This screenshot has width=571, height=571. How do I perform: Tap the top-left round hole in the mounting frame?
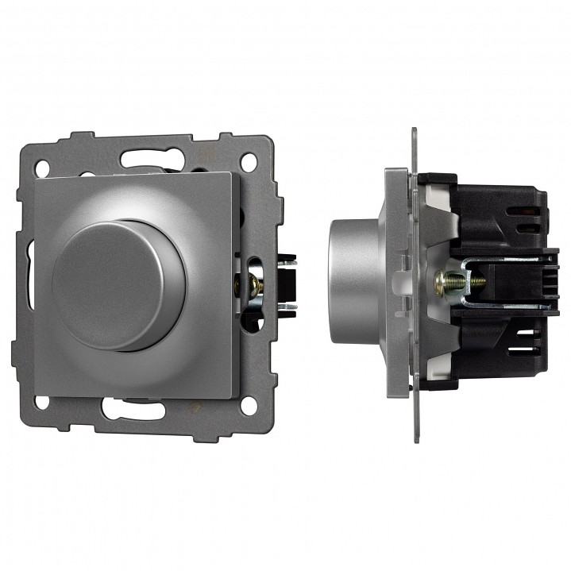[42, 168]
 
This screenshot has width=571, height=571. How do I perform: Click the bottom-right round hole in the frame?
[249, 404]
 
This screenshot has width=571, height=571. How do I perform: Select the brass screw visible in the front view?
[256, 284]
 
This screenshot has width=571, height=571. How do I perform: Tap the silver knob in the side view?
[353, 282]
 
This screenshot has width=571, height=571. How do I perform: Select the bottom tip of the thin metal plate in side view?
[415, 438]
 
